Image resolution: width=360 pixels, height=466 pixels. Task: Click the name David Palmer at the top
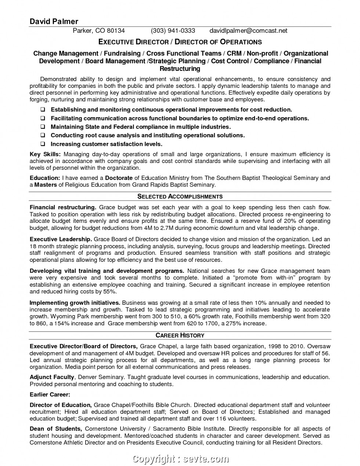pos(54,21)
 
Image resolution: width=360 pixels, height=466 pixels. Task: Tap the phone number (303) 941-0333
pos(173,31)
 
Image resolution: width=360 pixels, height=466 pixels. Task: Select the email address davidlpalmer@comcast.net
pos(248,31)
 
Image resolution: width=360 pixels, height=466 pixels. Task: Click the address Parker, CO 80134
pos(98,31)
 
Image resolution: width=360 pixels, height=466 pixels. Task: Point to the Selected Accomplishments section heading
pos(180,196)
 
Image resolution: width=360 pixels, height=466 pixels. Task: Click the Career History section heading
pos(180,335)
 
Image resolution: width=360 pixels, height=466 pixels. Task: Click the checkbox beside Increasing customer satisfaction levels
pos(43,144)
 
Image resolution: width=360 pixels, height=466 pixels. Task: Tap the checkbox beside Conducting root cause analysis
pos(43,136)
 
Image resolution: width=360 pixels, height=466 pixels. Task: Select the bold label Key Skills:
pos(45,155)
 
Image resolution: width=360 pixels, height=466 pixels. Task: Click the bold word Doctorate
pos(119,178)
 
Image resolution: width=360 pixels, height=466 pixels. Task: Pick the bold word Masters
pos(46,185)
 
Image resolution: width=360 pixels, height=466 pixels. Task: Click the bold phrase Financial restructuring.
pos(63,207)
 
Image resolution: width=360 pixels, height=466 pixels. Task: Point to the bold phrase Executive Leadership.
pos(61,239)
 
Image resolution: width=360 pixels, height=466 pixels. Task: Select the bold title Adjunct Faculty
pos(52,377)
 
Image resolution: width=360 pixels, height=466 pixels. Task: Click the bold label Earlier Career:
pos(50,395)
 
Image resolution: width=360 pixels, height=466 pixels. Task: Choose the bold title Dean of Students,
pos(56,429)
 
